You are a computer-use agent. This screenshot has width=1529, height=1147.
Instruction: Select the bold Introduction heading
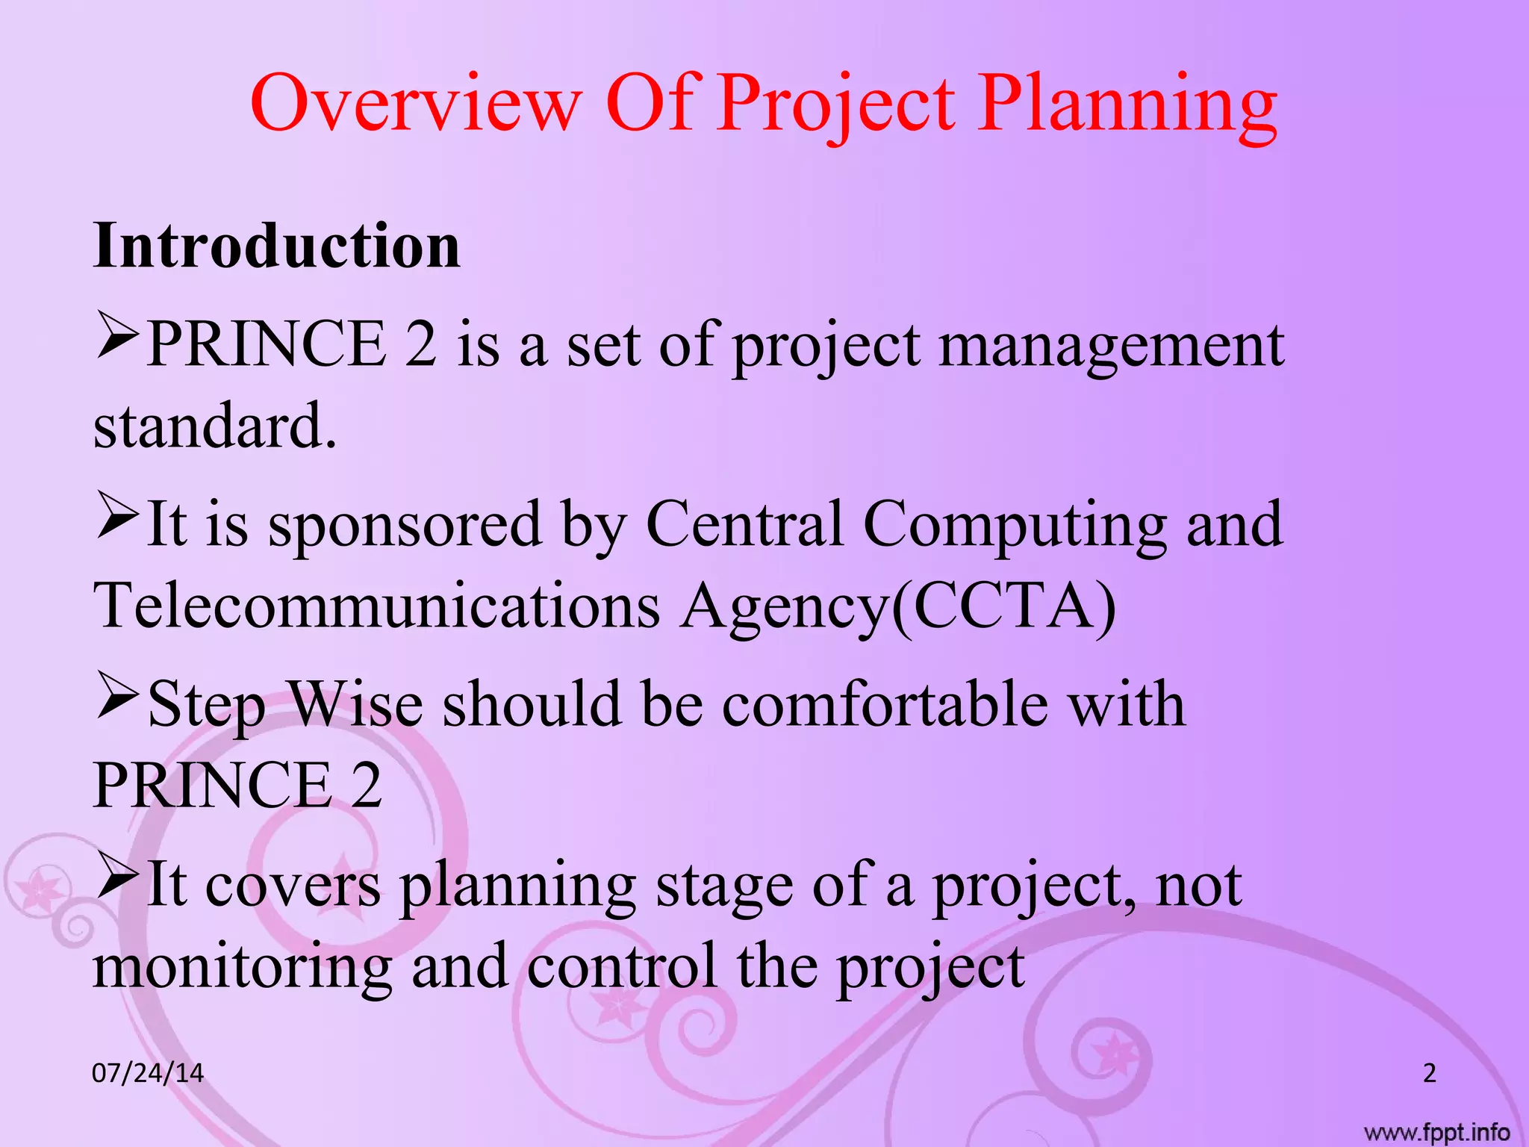pos(276,246)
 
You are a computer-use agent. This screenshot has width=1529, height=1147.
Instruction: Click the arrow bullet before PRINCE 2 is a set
pos(117,338)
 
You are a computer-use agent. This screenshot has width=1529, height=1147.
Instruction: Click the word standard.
pos(214,426)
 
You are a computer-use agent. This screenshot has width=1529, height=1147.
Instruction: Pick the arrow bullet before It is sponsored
pos(117,517)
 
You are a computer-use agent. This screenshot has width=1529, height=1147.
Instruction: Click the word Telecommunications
pos(376,606)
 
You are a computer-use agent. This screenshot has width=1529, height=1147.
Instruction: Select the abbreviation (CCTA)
pos(1003,606)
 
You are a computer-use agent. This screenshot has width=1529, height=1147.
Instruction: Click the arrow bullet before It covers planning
pos(117,877)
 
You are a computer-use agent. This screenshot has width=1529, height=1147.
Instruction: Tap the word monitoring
pos(242,967)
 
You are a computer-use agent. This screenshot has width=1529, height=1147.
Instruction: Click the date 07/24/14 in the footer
pos(147,1073)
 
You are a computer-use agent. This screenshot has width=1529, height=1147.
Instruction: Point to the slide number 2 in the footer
pos(1429,1073)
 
